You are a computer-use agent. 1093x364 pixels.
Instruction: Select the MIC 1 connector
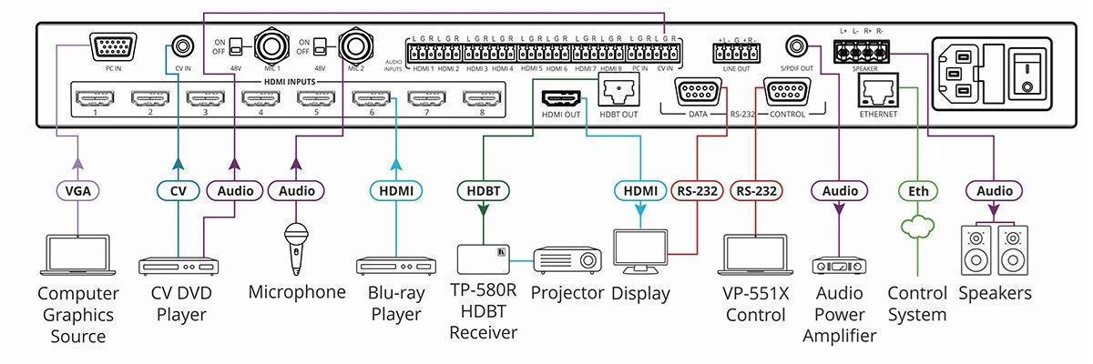[271, 46]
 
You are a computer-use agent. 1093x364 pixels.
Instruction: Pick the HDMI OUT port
[560, 97]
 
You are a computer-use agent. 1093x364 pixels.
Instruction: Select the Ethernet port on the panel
[878, 91]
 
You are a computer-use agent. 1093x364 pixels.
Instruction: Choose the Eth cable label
[915, 191]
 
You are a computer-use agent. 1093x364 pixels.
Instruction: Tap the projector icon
[567, 260]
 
